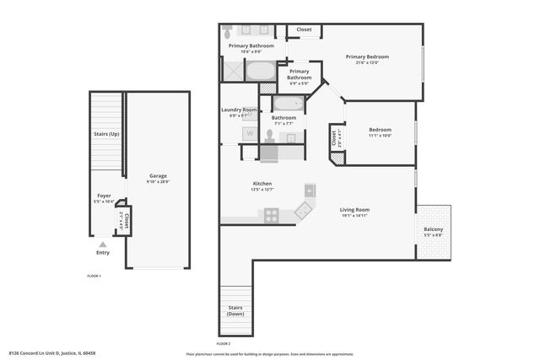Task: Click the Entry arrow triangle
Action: click(x=103, y=244)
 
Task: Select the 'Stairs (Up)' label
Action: click(x=106, y=134)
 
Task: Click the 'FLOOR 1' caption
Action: click(x=94, y=277)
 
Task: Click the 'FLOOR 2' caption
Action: click(x=223, y=344)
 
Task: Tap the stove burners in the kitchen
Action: click(x=272, y=215)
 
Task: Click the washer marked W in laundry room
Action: click(x=251, y=133)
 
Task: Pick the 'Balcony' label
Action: click(x=434, y=229)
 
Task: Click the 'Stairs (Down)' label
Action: click(x=236, y=311)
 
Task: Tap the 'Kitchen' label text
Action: click(x=262, y=184)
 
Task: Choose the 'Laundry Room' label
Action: click(x=239, y=110)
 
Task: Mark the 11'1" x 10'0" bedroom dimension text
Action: click(x=380, y=136)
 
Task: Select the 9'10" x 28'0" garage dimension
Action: click(x=159, y=181)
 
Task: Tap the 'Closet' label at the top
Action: click(x=304, y=30)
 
